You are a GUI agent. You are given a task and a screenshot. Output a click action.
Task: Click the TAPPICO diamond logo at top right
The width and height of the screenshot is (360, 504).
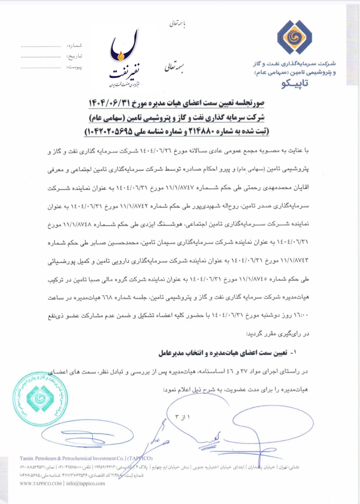[x=294, y=37]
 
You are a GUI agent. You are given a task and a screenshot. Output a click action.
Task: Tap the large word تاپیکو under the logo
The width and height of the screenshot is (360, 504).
[x=295, y=84]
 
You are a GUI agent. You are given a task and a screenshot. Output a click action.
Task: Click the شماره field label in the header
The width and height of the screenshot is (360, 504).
[x=74, y=46]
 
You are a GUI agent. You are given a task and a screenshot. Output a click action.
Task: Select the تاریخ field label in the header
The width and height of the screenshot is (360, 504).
[x=75, y=56]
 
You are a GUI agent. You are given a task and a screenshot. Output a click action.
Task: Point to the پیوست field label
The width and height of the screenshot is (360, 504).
[x=74, y=67]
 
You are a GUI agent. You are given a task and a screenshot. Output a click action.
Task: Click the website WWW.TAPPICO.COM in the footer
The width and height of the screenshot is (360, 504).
[x=40, y=483]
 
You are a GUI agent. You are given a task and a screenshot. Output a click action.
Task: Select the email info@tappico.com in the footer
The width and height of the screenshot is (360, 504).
[x=86, y=483]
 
